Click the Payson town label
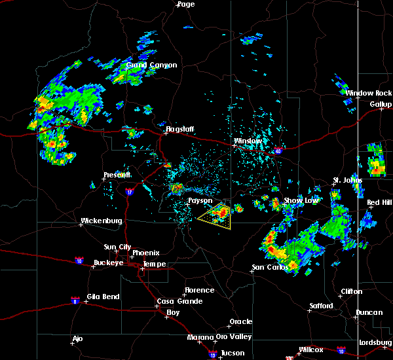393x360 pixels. point(200,201)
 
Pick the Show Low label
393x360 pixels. point(300,200)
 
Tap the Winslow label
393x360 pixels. point(248,141)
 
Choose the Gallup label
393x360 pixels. point(381,104)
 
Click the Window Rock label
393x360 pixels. point(369,94)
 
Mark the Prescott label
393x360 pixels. point(117,175)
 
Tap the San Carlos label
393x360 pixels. point(269,267)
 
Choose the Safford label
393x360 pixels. point(321,306)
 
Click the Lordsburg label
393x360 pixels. point(375,343)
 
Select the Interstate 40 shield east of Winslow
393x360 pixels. point(278,151)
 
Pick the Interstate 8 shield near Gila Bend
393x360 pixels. point(75,300)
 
